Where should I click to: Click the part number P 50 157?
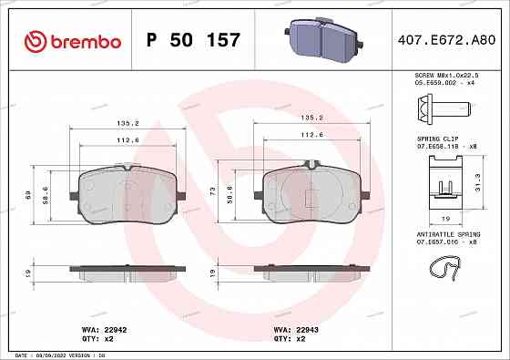[193, 40]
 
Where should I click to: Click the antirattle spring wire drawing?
[444, 267]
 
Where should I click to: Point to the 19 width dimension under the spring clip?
[444, 220]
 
